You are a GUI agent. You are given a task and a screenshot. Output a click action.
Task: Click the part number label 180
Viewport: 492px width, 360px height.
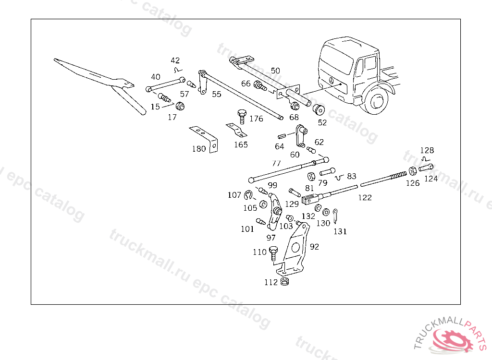tap(199, 149)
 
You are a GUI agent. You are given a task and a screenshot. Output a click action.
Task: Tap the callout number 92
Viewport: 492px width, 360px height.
tap(314, 247)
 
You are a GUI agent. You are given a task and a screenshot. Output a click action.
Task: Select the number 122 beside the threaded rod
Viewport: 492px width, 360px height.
tap(365, 197)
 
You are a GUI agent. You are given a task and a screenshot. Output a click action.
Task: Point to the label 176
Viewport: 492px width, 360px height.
tap(257, 119)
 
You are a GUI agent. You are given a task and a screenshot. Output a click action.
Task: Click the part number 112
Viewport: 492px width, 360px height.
tap(271, 282)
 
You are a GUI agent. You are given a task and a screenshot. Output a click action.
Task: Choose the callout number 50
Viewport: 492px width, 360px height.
tap(275, 71)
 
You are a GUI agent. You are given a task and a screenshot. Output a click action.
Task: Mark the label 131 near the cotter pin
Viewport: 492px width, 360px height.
tap(340, 231)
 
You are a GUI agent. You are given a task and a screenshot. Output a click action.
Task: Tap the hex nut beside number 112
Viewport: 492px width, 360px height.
tap(284, 281)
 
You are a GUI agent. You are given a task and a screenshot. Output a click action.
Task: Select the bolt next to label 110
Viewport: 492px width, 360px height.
tap(274, 252)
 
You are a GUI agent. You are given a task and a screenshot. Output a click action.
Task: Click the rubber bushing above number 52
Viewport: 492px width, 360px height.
tap(318, 109)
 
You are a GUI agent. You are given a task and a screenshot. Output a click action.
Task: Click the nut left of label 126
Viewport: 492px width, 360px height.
tap(413, 170)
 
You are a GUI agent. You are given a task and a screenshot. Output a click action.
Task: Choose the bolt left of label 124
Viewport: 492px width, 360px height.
tap(426, 168)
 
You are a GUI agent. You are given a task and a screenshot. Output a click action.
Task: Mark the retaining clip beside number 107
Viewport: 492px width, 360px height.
tap(248, 195)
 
